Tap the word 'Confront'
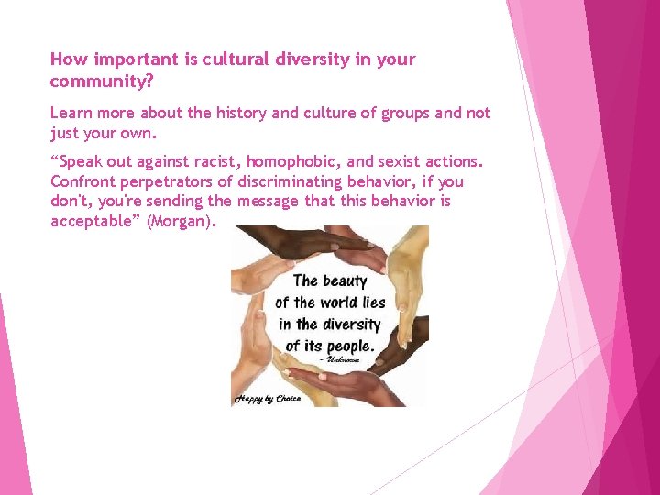82,181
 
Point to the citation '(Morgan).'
184,222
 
